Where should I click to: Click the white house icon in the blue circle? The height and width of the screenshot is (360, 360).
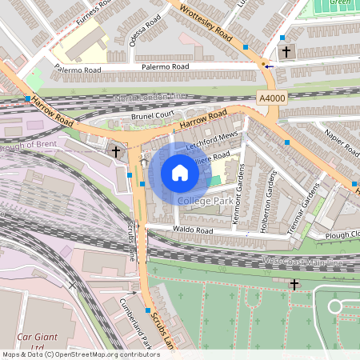[x=179, y=172]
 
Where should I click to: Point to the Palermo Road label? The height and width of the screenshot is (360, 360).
[x=78, y=70]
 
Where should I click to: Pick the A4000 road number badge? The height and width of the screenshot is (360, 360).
[x=271, y=97]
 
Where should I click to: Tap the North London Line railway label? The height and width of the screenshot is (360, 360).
[x=150, y=97]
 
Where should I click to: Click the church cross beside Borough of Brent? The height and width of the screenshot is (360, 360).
[x=116, y=150]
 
